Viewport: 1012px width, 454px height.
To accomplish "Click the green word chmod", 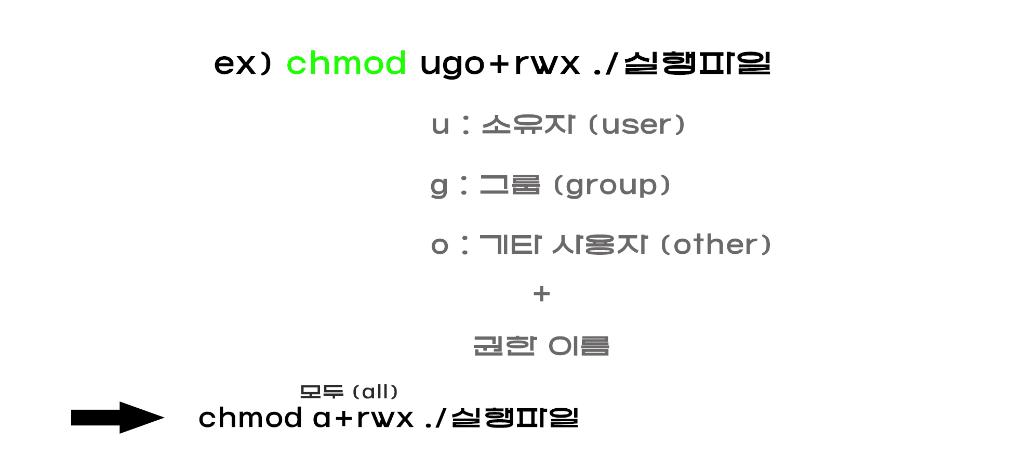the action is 346,63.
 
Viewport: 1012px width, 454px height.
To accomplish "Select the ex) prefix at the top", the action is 243,64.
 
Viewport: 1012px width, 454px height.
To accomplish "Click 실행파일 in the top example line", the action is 697,63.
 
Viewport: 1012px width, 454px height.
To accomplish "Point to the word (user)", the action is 637,125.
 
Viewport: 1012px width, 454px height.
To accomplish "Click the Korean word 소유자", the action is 528,125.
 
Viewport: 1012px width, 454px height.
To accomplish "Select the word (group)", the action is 612,185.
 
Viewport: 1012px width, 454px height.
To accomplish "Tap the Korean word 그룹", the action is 510,185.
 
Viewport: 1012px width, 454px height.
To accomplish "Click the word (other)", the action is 715,244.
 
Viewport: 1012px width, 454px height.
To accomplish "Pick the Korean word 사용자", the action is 600,244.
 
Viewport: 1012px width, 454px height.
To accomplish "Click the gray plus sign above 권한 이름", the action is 541,294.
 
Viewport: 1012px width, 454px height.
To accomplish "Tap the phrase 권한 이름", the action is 541,346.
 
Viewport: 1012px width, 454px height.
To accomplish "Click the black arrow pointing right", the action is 117,417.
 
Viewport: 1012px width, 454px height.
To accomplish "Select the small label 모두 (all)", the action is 349,392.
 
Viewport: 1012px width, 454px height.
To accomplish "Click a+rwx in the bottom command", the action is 363,418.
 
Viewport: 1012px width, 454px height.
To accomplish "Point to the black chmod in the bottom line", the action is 250,418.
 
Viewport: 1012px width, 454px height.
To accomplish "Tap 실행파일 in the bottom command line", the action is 515,418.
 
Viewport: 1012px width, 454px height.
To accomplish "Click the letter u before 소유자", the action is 440,125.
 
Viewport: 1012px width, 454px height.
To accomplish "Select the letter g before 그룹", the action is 439,186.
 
